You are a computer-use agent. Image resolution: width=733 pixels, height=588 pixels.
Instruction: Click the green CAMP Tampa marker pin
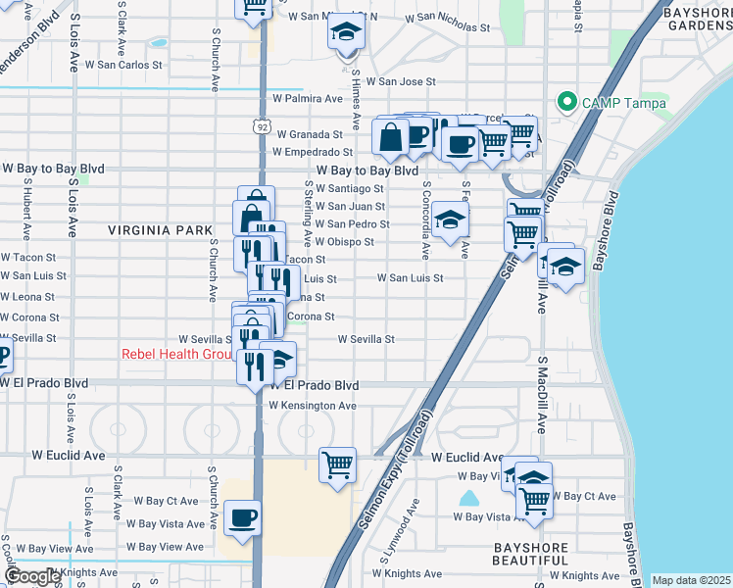[565, 102]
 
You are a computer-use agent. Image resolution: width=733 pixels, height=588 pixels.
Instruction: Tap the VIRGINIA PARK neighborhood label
[160, 230]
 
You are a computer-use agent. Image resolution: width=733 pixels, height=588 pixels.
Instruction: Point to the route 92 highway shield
[260, 127]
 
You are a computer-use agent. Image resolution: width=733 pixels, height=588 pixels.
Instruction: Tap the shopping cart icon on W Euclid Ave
[338, 464]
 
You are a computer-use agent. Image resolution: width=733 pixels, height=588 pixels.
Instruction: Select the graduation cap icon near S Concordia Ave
[450, 220]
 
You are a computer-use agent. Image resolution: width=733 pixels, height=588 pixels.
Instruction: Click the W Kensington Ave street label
[313, 405]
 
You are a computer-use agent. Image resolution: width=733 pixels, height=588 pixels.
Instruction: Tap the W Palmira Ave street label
[308, 99]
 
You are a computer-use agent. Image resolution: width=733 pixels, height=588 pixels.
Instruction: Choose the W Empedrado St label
[313, 152]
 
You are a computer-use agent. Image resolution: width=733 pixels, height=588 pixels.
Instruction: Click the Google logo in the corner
[32, 576]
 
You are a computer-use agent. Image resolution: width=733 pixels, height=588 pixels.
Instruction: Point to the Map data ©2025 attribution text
[691, 580]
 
